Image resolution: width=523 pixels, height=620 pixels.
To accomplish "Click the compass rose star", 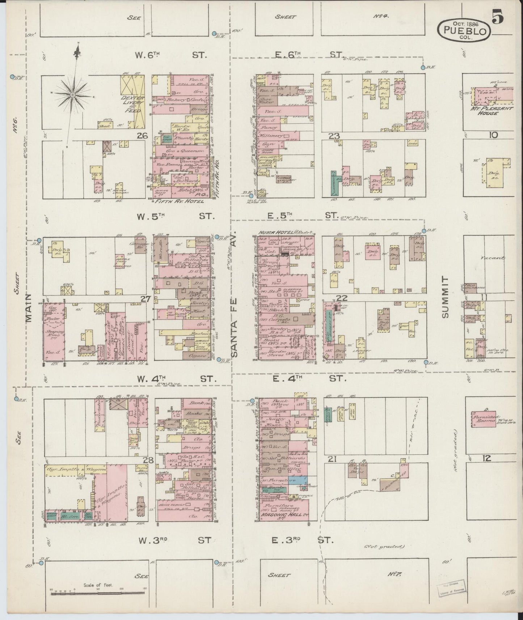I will point(73,95).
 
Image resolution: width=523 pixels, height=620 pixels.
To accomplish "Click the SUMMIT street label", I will point(445,297).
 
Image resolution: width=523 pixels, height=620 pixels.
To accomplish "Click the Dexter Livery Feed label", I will point(132,103).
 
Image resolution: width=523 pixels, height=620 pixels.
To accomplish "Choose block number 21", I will point(332,459).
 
